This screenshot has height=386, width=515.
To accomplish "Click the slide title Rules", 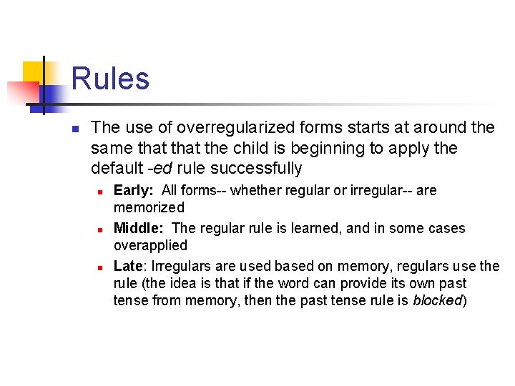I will [x=110, y=78].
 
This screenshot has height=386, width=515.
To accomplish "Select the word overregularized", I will [x=235, y=128].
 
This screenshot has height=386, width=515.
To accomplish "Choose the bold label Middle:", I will [x=140, y=229].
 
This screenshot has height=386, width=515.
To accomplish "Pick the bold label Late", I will [x=129, y=267].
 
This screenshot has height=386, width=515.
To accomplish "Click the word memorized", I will [x=149, y=208].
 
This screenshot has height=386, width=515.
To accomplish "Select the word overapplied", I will [x=150, y=246].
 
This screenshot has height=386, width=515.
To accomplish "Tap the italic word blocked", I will [x=438, y=301].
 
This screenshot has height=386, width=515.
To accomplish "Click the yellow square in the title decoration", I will [x=33, y=71].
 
